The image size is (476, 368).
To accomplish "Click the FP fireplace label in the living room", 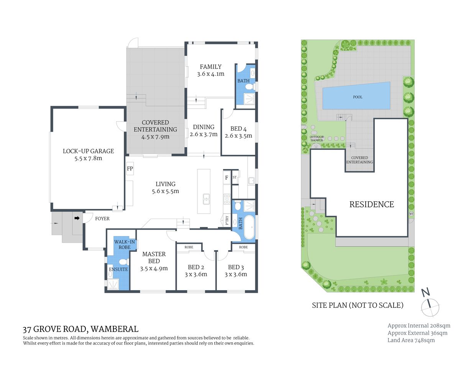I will click(130, 168).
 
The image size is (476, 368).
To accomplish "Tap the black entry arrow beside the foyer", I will click(77, 218).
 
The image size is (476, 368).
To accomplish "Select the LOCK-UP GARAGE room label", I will click(88, 151).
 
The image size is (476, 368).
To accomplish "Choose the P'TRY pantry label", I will click(227, 220).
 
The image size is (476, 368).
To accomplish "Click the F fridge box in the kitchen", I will click(227, 177).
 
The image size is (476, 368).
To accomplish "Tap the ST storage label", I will click(235, 177).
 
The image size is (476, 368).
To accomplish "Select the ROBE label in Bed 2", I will click(189, 247).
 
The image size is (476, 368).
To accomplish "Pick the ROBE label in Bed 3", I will click(243, 247).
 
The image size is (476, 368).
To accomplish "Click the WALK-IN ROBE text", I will click(125, 245).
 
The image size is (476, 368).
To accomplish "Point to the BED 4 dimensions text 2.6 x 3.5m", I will click(238, 136).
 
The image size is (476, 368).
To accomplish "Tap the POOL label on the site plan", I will click(358, 97).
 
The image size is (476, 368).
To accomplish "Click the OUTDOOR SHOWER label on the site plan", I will click(317, 138).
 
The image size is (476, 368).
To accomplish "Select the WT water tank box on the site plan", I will click(411, 214).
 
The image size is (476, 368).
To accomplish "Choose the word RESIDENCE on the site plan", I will click(371, 204).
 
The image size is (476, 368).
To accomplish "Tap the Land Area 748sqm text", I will click(411, 340).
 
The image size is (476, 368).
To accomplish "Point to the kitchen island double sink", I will click(206, 198).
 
